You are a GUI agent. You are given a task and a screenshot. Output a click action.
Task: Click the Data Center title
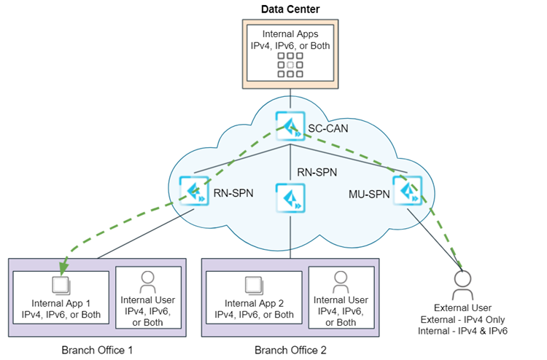(290, 9)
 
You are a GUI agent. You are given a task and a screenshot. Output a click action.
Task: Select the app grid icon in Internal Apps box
(290, 64)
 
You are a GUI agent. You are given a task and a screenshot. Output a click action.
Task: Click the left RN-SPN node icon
(193, 191)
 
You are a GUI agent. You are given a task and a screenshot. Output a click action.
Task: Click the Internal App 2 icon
(254, 283)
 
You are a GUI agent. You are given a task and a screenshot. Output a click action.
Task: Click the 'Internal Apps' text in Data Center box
(290, 34)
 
